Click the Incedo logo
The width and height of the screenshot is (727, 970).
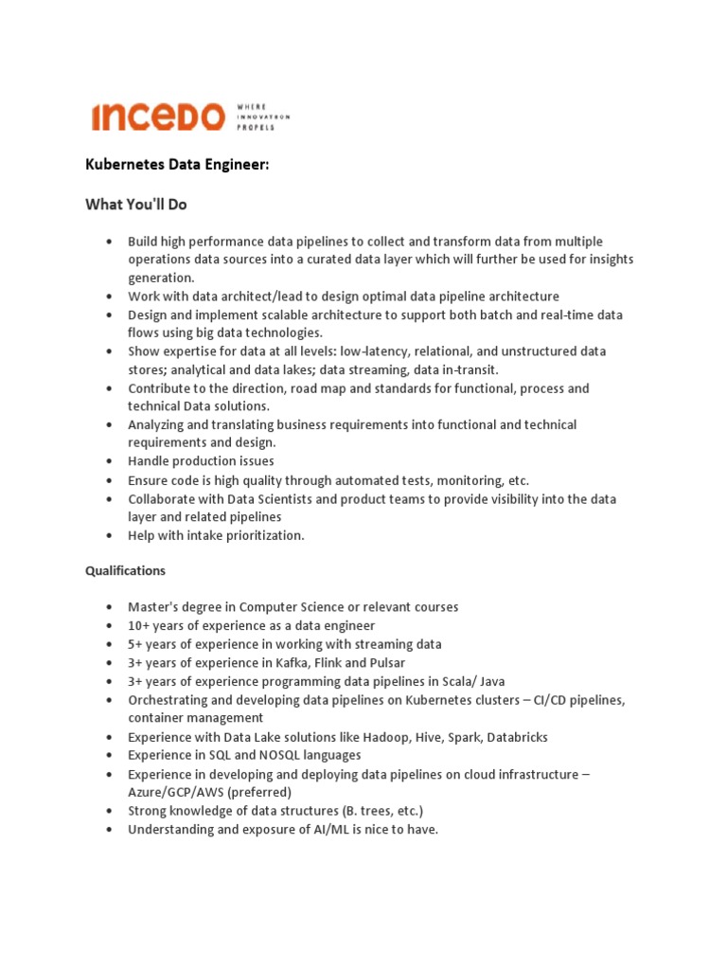[158, 117]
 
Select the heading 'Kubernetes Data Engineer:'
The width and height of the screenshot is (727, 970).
[178, 166]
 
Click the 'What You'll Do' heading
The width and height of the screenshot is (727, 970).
[136, 205]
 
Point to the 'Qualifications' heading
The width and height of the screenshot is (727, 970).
[125, 571]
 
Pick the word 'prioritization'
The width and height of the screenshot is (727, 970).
[261, 535]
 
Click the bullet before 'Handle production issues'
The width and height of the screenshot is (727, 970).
[111, 462]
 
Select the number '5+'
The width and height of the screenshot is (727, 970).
[135, 644]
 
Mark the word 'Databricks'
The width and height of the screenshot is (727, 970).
[517, 737]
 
